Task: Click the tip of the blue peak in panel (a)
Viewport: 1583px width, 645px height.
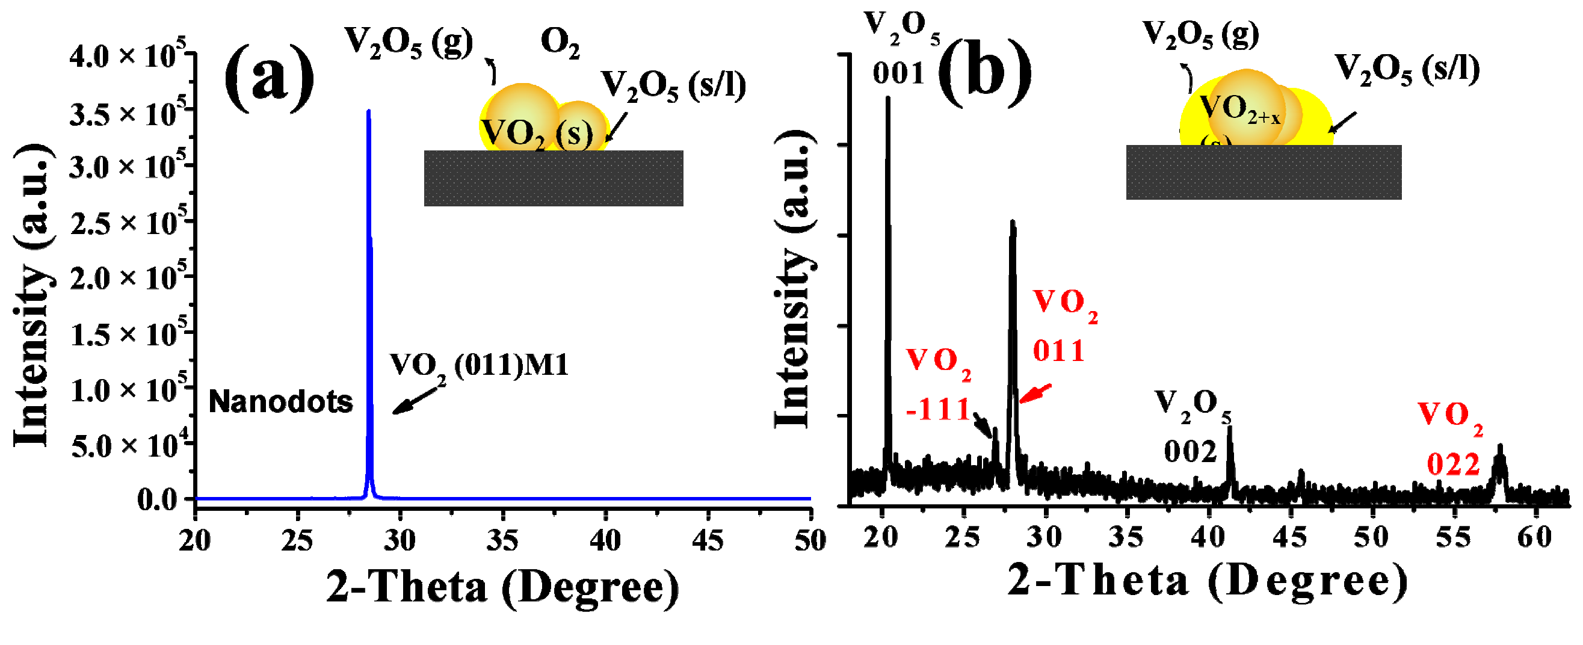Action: [x=368, y=111]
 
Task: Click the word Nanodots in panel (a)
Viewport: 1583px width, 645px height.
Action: [x=281, y=402]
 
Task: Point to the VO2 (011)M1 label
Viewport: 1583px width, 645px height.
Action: [x=480, y=366]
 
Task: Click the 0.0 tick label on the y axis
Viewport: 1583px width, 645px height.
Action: [x=157, y=499]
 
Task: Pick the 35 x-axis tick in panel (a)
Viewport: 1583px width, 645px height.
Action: [x=502, y=540]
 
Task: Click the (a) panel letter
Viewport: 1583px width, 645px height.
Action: [x=269, y=78]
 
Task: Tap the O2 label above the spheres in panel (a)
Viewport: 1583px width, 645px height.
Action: [x=560, y=43]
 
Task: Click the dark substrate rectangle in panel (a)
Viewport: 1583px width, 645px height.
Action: [x=553, y=178]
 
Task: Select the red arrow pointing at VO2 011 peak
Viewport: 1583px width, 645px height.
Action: [x=1035, y=393]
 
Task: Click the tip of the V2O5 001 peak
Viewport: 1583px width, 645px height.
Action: [x=887, y=97]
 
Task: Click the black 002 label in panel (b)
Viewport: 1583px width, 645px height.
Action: [x=1190, y=452]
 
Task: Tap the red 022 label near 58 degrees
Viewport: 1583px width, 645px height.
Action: [x=1452, y=465]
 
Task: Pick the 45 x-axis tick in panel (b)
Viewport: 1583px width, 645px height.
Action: [x=1290, y=537]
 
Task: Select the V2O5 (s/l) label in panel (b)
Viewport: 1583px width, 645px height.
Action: [x=1407, y=69]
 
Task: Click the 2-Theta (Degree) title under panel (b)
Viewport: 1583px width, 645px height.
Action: [x=1208, y=581]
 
